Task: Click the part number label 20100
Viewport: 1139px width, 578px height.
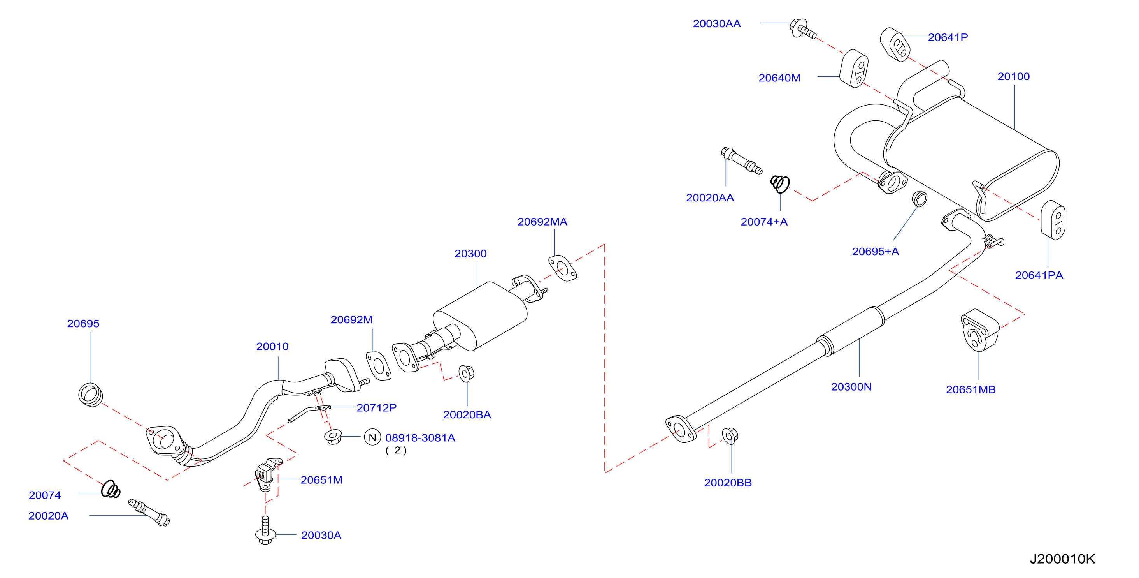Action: click(x=1013, y=77)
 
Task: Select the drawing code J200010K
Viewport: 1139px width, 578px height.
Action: click(x=1062, y=559)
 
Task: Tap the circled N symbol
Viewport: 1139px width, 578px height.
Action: click(x=372, y=437)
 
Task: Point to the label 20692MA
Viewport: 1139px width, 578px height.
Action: click(x=542, y=222)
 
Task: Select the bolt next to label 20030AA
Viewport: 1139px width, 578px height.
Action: click(x=802, y=29)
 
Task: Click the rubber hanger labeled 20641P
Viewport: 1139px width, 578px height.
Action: click(x=895, y=45)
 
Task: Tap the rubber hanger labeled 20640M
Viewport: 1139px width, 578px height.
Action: click(x=854, y=69)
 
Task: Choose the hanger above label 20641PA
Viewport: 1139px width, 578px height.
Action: click(x=1053, y=220)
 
